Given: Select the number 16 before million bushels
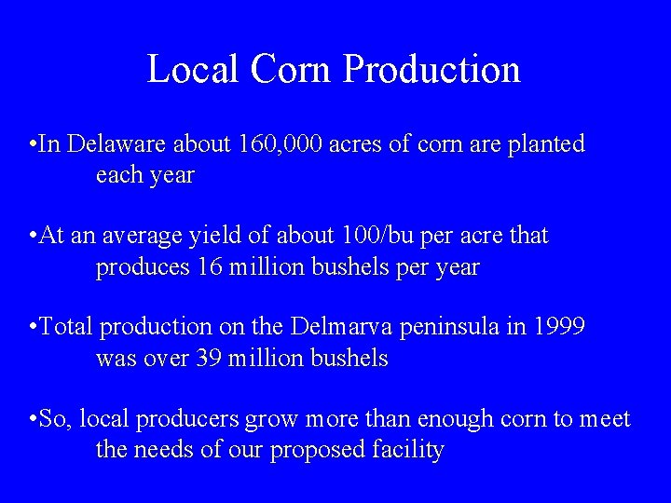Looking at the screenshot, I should click(x=207, y=267).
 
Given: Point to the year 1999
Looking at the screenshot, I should click(x=559, y=327).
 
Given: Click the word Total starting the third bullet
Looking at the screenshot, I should click(x=67, y=327).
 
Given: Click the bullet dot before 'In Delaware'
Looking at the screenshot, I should click(x=33, y=145).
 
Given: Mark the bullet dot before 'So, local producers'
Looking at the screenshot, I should click(x=33, y=420).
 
